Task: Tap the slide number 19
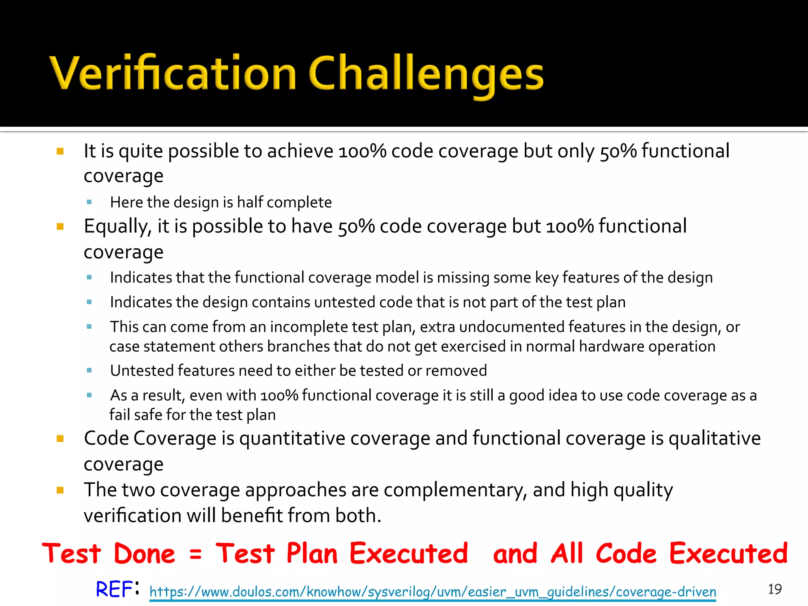pyautogui.click(x=775, y=589)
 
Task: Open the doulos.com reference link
pyautogui.click(x=432, y=592)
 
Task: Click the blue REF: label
pyautogui.click(x=117, y=589)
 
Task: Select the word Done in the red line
pyautogui.click(x=144, y=553)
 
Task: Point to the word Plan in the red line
pyautogui.click(x=312, y=553)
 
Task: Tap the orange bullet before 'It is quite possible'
pyautogui.click(x=60, y=151)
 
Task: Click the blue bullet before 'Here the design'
pyautogui.click(x=89, y=202)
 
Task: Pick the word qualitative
pyautogui.click(x=714, y=438)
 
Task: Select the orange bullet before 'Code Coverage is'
pyautogui.click(x=60, y=439)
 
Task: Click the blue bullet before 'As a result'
pyautogui.click(x=89, y=395)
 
